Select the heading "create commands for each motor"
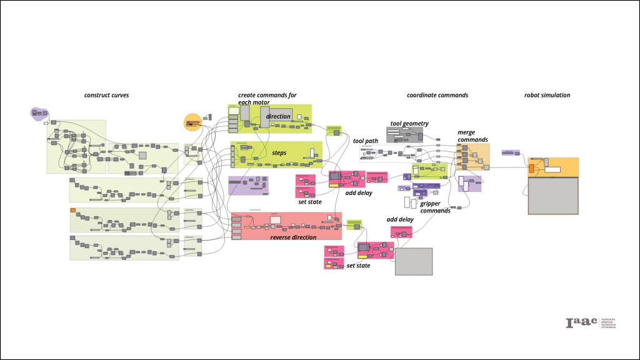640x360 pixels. [x=267, y=98]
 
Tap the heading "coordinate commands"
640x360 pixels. [x=437, y=96]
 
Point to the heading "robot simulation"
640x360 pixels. [x=547, y=96]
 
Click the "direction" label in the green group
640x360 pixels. [x=278, y=117]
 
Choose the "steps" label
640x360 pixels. [x=279, y=153]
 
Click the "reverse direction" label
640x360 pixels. [x=293, y=237]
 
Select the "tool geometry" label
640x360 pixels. [x=409, y=124]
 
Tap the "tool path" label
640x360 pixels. [x=365, y=141]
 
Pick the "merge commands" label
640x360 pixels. [x=472, y=136]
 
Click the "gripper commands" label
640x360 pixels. [x=435, y=207]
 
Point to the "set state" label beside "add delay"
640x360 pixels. [x=310, y=201]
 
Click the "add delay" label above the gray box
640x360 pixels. [x=400, y=220]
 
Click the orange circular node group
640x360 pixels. [x=192, y=122]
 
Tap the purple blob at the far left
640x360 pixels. [x=39, y=113]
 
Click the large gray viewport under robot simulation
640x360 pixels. [x=553, y=196]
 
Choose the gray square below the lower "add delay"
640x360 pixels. [x=414, y=261]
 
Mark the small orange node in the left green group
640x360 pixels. [x=73, y=210]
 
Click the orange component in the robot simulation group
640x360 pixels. [x=531, y=168]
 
